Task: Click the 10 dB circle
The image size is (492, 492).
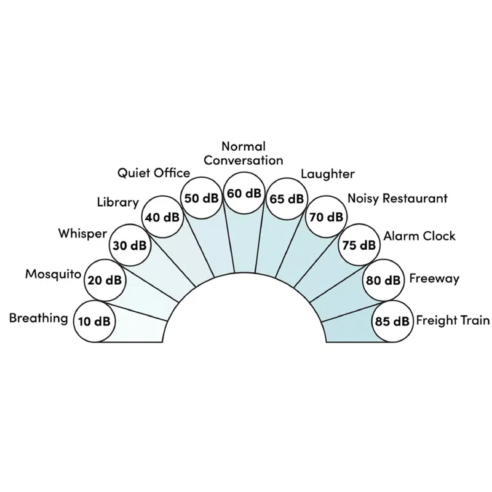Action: tap(93, 321)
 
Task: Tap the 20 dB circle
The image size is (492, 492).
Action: tap(104, 280)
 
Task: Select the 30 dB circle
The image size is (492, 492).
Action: tap(130, 245)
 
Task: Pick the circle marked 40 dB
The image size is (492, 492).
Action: tap(162, 216)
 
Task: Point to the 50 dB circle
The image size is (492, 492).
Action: tap(202, 198)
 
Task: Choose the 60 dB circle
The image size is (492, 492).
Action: tap(244, 193)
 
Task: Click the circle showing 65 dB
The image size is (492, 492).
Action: tap(287, 199)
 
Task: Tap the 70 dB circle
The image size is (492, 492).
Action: tap(327, 216)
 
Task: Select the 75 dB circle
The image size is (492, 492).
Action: tap(359, 245)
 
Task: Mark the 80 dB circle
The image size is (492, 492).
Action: tap(383, 280)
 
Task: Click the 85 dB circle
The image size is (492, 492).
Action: tap(392, 321)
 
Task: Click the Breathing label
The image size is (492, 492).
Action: tap(38, 318)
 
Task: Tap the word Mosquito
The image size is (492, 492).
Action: tap(53, 274)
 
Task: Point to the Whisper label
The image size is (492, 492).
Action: tap(82, 234)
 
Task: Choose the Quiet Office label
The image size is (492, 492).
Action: tap(154, 173)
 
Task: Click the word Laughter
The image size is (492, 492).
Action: tap(328, 174)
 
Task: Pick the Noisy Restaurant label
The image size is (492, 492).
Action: tap(397, 199)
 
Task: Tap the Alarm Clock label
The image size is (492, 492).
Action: tap(419, 236)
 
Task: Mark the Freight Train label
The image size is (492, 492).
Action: tap(453, 320)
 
